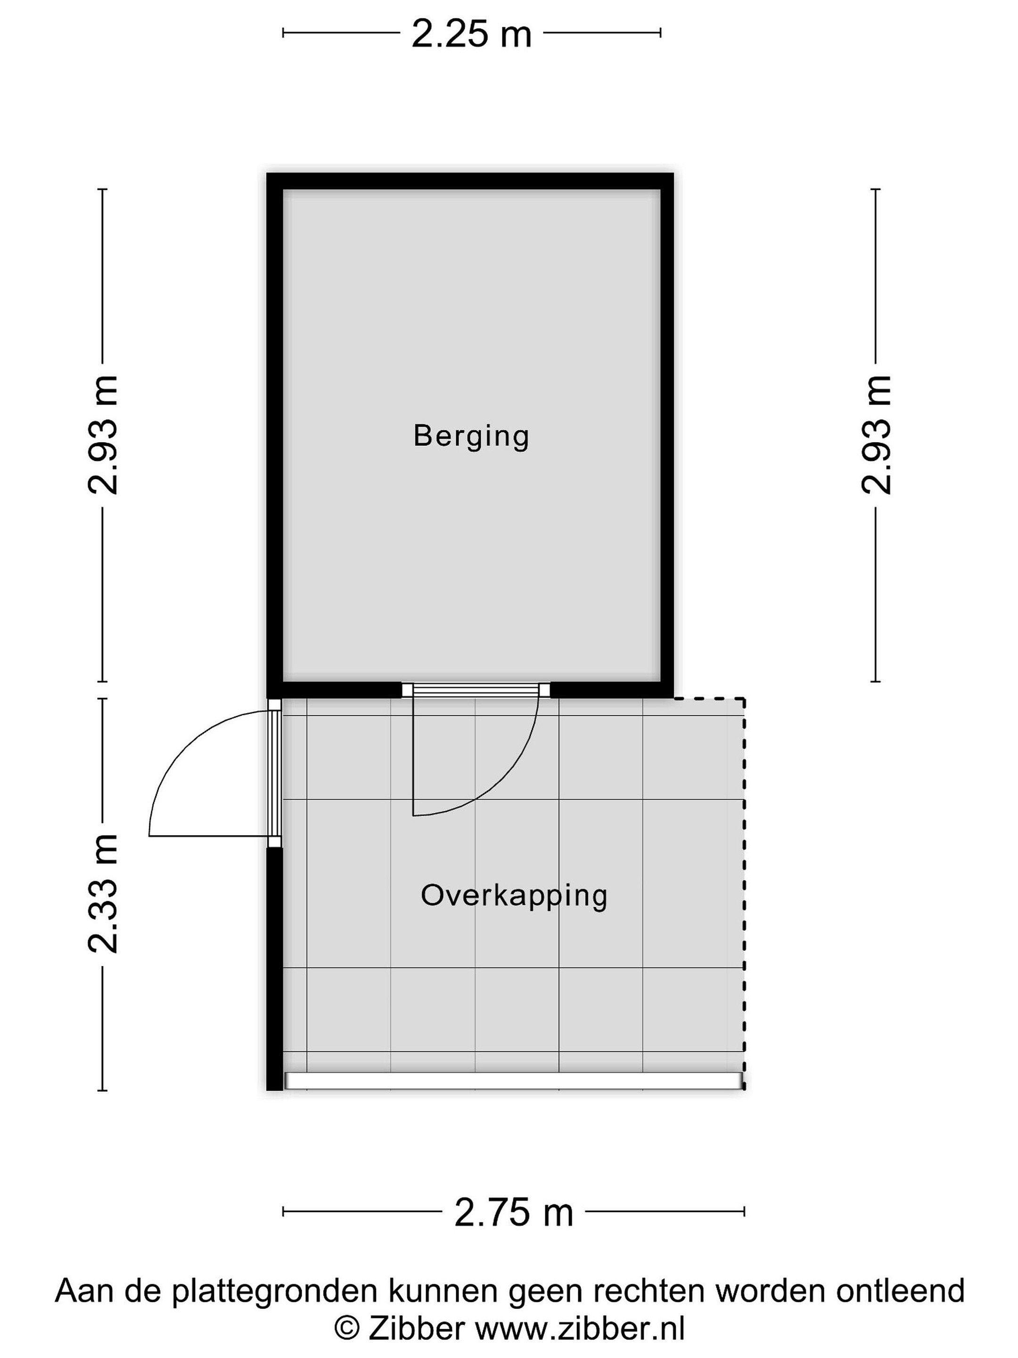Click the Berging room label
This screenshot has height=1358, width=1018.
471,437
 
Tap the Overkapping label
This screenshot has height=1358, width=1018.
514,896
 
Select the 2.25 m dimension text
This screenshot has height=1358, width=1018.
471,34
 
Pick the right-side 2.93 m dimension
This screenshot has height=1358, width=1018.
876,435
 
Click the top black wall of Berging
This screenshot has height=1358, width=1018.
470,181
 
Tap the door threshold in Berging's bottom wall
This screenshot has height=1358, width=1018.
476,689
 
